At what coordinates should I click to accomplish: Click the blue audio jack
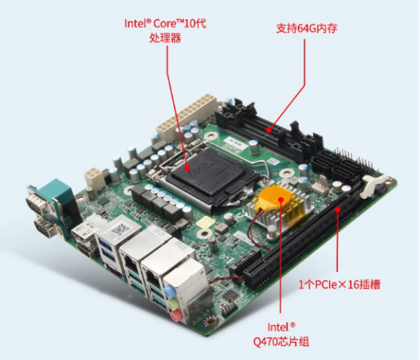coord(169,290)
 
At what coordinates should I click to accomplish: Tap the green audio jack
coord(172,303)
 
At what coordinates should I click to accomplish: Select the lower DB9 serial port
coord(46,227)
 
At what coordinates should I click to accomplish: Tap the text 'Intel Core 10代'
coord(165,23)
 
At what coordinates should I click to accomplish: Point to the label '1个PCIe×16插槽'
coord(339,284)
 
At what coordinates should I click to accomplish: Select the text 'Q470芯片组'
coord(281,342)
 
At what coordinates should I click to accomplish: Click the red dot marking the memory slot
coord(268,130)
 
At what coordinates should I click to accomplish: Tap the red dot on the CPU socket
coord(187,168)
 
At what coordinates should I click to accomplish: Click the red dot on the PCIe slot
coord(337,209)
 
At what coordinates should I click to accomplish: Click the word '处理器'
coord(165,38)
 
